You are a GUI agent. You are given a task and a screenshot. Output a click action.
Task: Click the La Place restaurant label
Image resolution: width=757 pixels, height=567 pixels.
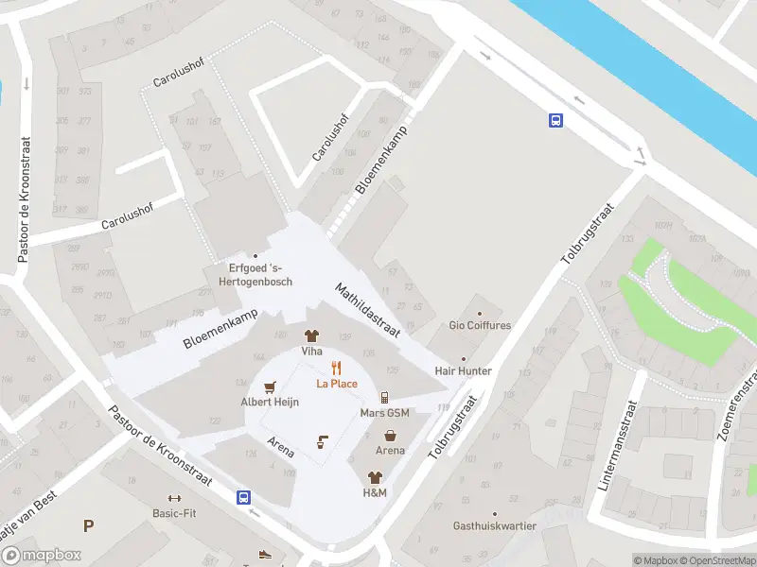pyautogui.click(x=337, y=384)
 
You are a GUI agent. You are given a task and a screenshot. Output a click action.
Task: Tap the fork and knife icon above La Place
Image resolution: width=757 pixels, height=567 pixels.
pyautogui.click(x=335, y=368)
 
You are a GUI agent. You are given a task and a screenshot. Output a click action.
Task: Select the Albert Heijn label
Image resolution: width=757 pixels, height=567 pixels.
pyautogui.click(x=271, y=402)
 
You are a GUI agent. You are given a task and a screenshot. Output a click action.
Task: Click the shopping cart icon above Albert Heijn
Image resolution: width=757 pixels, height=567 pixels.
pyautogui.click(x=270, y=387)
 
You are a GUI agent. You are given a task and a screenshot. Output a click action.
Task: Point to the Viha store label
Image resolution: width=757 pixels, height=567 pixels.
pyautogui.click(x=311, y=351)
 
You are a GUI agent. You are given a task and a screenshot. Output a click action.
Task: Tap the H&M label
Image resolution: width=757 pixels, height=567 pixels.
pyautogui.click(x=375, y=492)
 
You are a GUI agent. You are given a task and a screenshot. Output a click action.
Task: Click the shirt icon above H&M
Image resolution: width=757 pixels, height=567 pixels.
pyautogui.click(x=375, y=477)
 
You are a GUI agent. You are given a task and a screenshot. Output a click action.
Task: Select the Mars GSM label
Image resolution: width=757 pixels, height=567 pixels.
pyautogui.click(x=384, y=413)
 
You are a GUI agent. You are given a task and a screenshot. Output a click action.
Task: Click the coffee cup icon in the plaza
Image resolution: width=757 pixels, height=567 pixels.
pyautogui.click(x=322, y=441)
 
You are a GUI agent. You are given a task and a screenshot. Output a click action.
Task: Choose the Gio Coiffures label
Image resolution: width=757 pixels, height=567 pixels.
pyautogui.click(x=480, y=326)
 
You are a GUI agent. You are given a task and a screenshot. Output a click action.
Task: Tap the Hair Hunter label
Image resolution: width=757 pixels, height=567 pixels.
pyautogui.click(x=463, y=371)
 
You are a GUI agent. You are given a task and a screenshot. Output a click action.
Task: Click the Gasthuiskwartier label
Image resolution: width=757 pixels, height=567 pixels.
pyautogui.click(x=494, y=525)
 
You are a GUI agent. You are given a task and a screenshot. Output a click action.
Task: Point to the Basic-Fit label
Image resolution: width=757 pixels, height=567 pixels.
pyautogui.click(x=174, y=513)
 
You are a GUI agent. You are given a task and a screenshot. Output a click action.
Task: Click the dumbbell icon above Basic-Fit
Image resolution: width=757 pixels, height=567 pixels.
pyautogui.click(x=173, y=498)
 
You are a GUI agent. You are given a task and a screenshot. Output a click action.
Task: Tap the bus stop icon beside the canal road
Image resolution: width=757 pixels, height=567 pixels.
pyautogui.click(x=555, y=120)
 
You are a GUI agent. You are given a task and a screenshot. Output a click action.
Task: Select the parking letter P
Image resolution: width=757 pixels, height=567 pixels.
pyautogui.click(x=89, y=526)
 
